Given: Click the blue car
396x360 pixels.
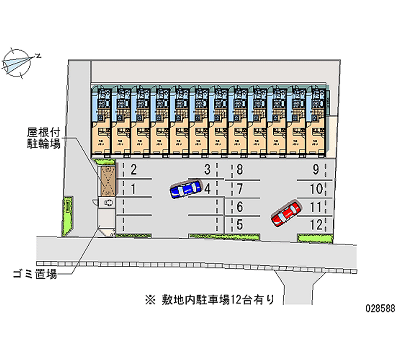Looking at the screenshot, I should pyautogui.click(x=185, y=189).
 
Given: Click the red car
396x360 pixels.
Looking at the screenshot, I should pyautogui.click(x=286, y=213).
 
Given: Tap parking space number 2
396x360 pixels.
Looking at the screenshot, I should pyautogui.click(x=134, y=171).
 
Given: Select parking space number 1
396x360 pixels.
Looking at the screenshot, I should pyautogui.click(x=134, y=188).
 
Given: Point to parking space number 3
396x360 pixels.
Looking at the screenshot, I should pyautogui.click(x=208, y=170).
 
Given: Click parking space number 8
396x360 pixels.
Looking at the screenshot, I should pyautogui.click(x=240, y=171).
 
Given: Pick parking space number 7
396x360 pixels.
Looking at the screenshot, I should pyautogui.click(x=240, y=189).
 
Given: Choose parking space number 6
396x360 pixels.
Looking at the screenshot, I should pyautogui.click(x=240, y=207).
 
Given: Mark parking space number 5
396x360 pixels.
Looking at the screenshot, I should pyautogui.click(x=240, y=224).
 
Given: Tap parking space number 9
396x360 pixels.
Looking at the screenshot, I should pyautogui.click(x=316, y=171).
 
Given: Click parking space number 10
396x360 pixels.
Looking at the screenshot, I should pyautogui.click(x=316, y=189).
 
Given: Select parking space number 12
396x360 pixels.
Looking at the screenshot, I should pyautogui.click(x=316, y=224).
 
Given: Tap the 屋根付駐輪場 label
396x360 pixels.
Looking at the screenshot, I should pyautogui.click(x=43, y=138).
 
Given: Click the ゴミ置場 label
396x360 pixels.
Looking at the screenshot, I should pyautogui.click(x=35, y=274).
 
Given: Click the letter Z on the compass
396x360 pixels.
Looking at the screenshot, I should pyautogui.click(x=39, y=56).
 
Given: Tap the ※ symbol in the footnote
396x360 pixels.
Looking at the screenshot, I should pyautogui.click(x=150, y=299).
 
